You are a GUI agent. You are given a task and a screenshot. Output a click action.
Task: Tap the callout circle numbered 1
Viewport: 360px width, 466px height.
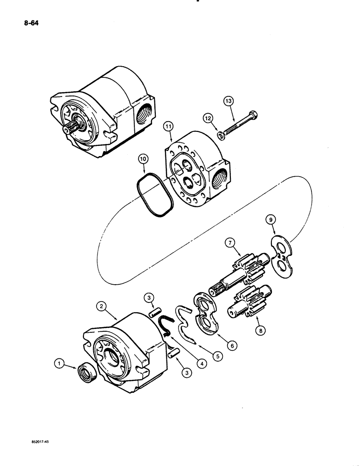click(x=58, y=361)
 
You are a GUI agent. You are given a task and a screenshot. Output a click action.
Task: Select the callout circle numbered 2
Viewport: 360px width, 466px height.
click(x=101, y=306)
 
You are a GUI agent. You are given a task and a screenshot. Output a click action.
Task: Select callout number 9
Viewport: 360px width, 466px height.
click(x=270, y=219)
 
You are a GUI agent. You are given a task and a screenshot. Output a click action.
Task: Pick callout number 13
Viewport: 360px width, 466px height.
click(x=228, y=101)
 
